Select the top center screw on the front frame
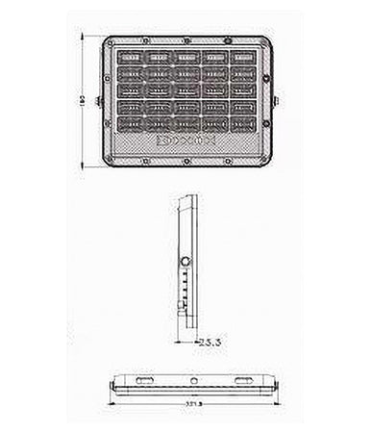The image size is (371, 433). click(x=185, y=40)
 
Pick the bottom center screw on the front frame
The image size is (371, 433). click(x=185, y=161)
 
